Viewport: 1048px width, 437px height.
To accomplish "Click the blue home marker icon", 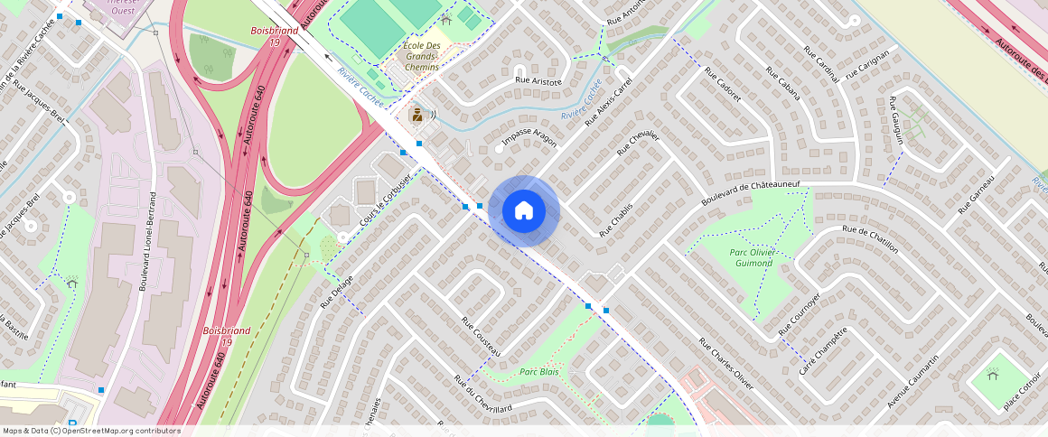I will tap(523, 210).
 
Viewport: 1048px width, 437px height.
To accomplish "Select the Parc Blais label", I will tap(538, 372).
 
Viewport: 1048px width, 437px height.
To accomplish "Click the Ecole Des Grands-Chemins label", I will tap(421, 56).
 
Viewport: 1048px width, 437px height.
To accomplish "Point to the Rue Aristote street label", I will tap(538, 81).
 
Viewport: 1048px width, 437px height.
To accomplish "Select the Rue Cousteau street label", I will tap(481, 336).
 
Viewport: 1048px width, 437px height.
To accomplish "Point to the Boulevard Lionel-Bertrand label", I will tap(147, 240).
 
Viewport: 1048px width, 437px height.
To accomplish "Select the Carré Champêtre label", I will tap(822, 351).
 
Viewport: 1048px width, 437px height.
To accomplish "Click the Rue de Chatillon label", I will tap(870, 240).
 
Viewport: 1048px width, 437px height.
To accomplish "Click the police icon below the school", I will tap(417, 114).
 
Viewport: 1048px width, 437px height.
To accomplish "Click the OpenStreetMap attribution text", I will tap(91, 431).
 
